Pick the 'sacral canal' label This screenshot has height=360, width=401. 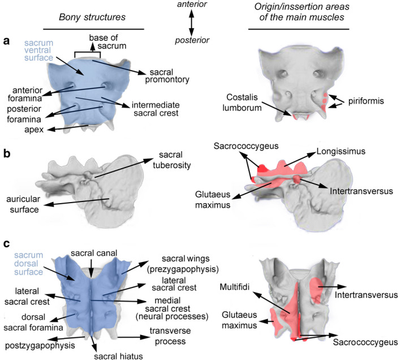pyautogui.click(x=92, y=252)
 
